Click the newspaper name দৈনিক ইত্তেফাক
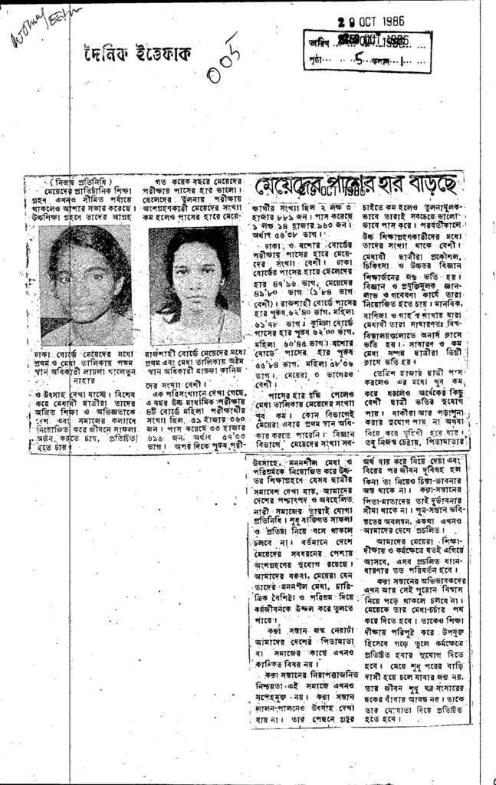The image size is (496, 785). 138,54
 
